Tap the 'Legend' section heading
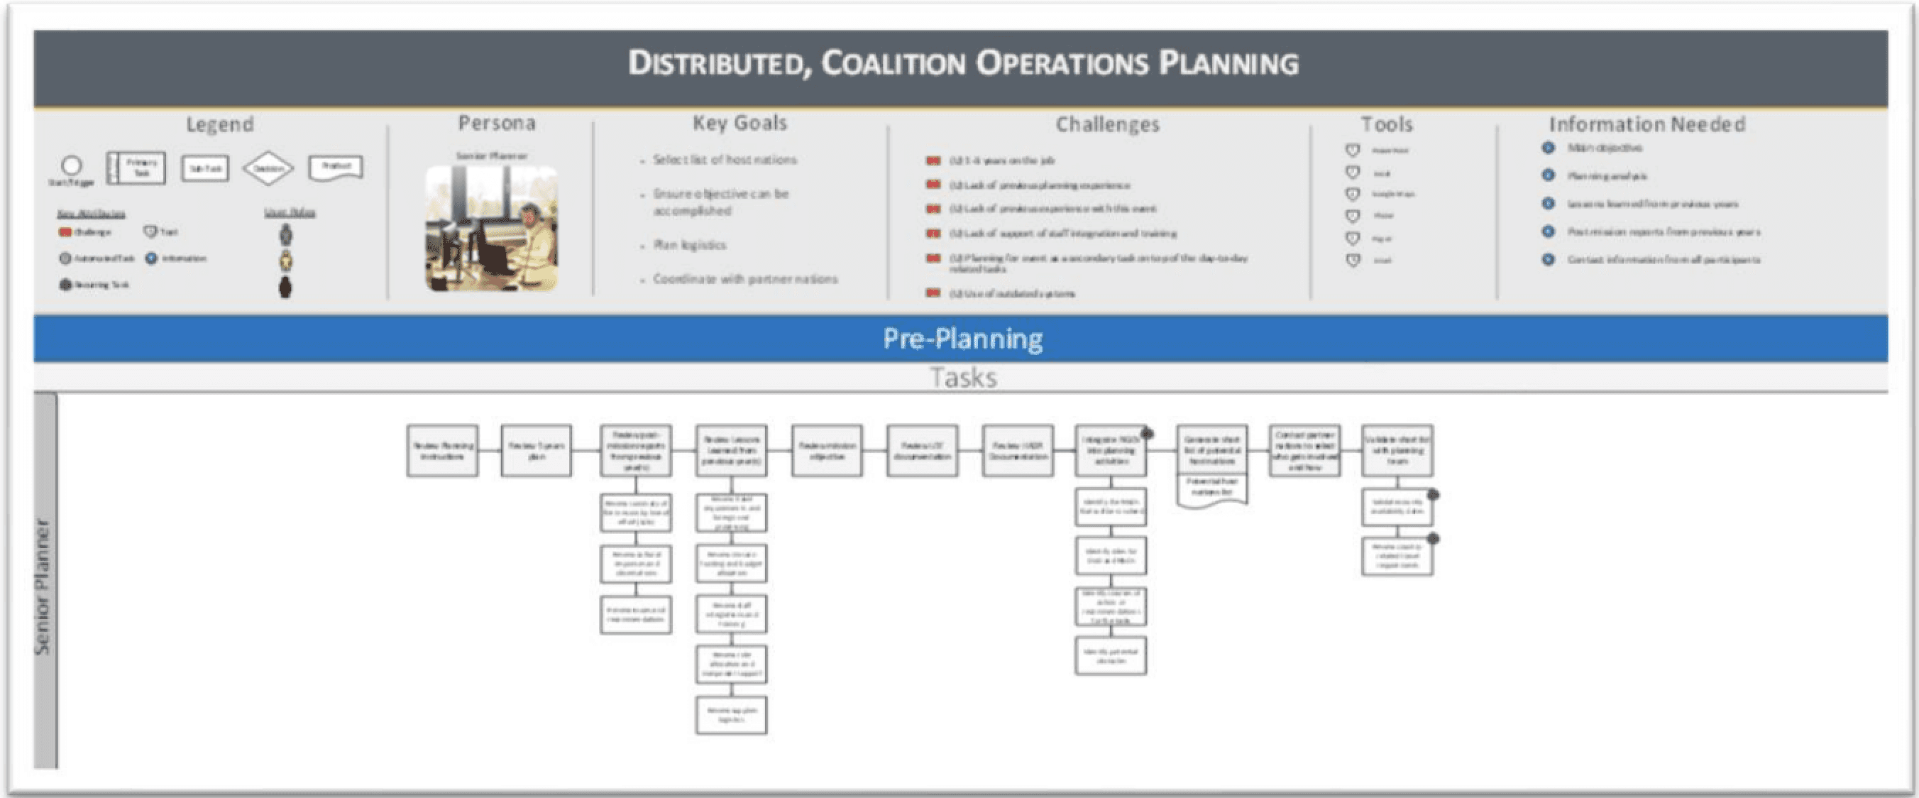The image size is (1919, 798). click(220, 124)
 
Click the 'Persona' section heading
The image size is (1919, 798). click(497, 123)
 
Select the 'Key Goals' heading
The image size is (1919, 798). click(739, 123)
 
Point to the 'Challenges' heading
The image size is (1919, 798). click(1107, 124)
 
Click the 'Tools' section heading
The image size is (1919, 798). click(1386, 124)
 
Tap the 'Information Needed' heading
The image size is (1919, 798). click(1646, 124)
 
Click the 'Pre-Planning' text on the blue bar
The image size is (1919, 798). click(962, 339)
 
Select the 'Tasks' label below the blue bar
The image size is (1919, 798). click(962, 378)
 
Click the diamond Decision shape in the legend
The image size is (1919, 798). click(268, 168)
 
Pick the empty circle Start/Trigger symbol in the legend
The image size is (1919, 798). click(72, 165)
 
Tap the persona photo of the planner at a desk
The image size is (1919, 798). click(492, 228)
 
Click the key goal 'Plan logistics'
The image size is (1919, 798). click(689, 245)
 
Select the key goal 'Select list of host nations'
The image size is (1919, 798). click(724, 160)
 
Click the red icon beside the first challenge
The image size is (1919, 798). click(933, 161)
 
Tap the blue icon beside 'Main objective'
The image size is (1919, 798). click(1548, 148)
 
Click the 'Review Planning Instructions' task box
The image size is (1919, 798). click(443, 451)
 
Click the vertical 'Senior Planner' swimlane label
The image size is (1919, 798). click(45, 586)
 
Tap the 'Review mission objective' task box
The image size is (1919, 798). click(826, 451)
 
